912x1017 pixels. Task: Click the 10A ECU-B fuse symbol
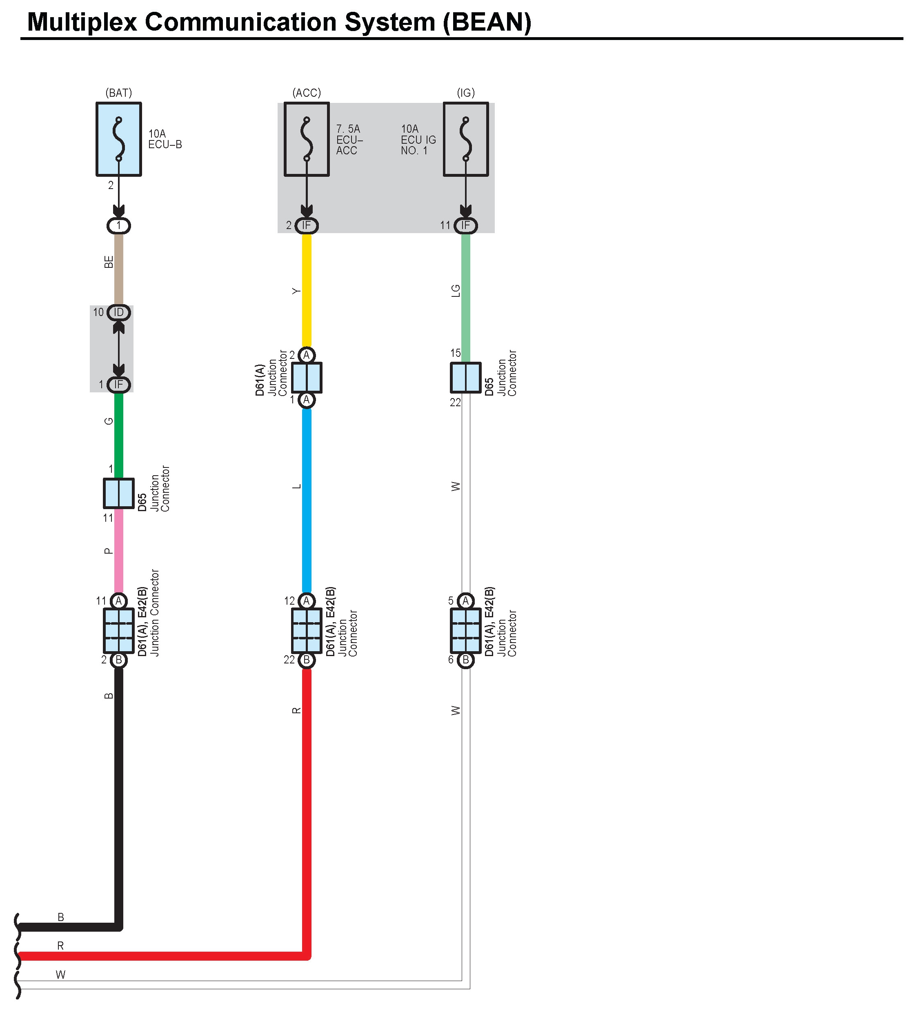click(x=119, y=139)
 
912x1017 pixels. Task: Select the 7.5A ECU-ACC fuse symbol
click(x=306, y=139)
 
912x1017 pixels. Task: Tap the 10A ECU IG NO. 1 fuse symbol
click(x=465, y=139)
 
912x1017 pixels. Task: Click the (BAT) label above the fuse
click(x=119, y=93)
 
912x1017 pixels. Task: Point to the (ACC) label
click(x=306, y=93)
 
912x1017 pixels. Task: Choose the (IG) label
click(x=465, y=93)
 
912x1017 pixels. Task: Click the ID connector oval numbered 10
click(x=119, y=313)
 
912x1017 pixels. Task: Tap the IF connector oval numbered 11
click(x=465, y=225)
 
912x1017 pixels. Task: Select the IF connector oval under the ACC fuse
click(x=306, y=225)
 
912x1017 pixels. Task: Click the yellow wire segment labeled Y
click(x=306, y=291)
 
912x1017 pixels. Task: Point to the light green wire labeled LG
click(x=465, y=296)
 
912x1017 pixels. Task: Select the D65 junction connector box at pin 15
click(x=465, y=377)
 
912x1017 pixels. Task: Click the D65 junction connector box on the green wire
click(x=119, y=493)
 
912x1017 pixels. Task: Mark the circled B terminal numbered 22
click(x=306, y=660)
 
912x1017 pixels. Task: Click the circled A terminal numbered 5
click(x=465, y=601)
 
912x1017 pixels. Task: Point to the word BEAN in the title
click(x=487, y=22)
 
